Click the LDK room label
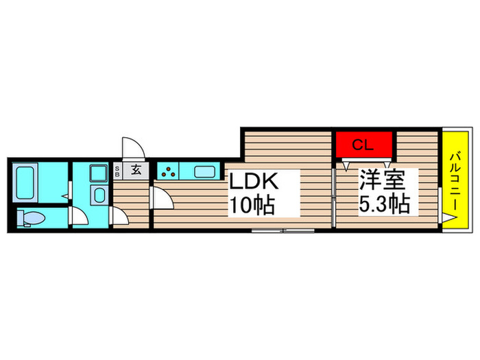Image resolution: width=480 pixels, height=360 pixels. tap(254, 181)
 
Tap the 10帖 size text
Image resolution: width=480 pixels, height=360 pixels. tap(252, 205)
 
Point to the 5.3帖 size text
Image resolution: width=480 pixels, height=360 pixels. tap(385, 204)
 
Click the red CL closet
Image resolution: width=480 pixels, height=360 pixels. tap(364, 144)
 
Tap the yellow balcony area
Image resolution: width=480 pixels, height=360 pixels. tap(455, 180)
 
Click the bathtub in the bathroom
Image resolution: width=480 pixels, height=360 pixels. tap(25, 182)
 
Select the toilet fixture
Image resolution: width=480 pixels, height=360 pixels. tap(31, 218)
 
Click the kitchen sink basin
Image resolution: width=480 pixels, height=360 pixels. tap(205, 171)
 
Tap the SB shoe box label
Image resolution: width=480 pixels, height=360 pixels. tap(117, 171)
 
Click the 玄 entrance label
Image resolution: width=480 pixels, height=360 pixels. tap(136, 170)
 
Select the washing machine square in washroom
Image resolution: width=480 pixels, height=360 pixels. tap(99, 173)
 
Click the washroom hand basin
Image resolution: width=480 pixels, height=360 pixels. tap(99, 195)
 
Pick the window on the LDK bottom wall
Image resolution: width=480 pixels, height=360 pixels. tap(283, 231)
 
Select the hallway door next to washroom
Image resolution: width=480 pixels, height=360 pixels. tap(119, 217)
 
